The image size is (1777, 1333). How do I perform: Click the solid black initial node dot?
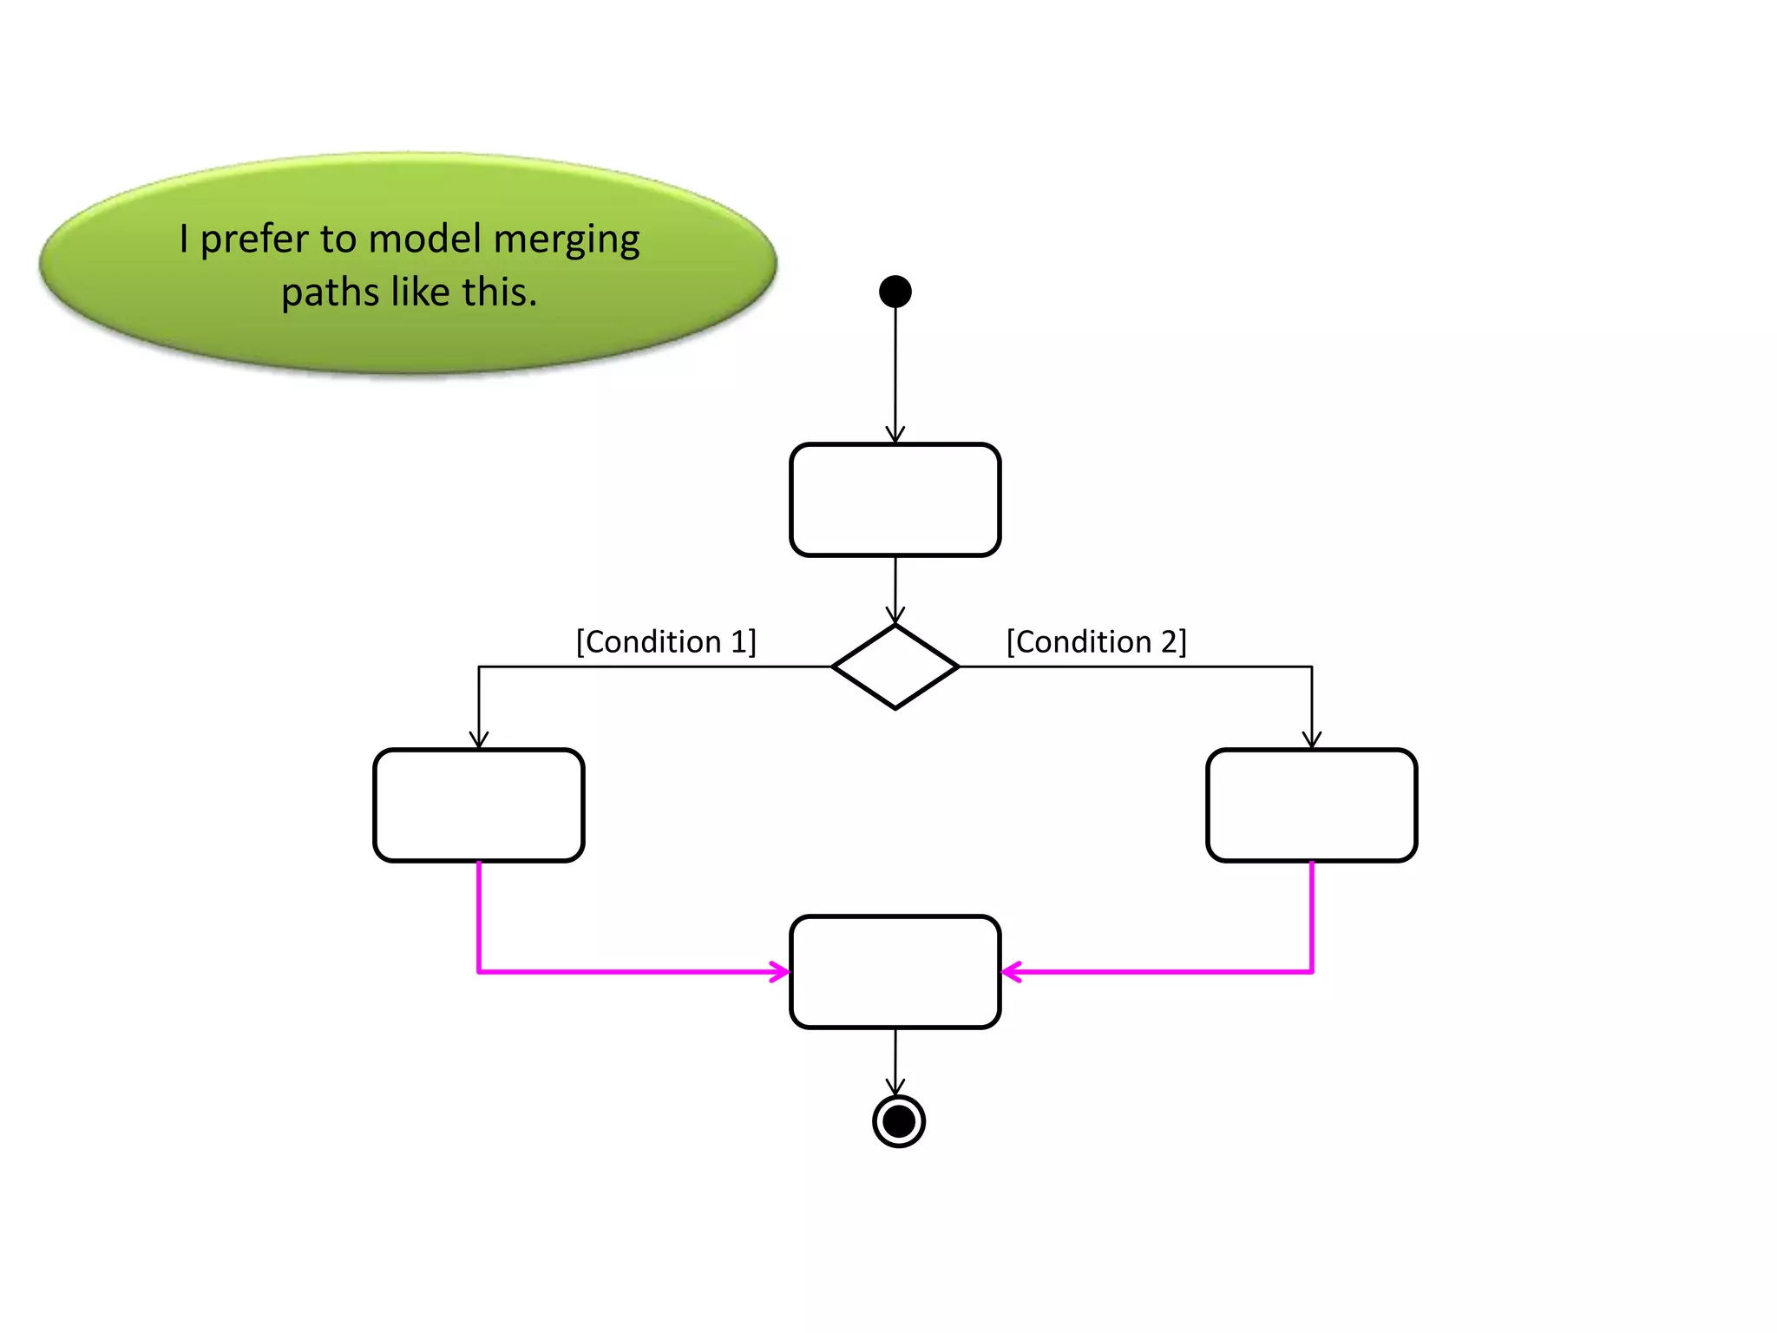pyautogui.click(x=895, y=292)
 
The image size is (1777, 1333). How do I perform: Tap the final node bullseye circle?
pyautogui.click(x=898, y=1121)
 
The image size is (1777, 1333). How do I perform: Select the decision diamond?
pyautogui.click(x=895, y=666)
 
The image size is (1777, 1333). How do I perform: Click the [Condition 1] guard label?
pyautogui.click(x=666, y=642)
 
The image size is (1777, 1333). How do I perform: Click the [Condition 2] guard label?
pyautogui.click(x=1096, y=642)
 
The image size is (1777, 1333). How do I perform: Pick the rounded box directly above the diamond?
pyautogui.click(x=895, y=500)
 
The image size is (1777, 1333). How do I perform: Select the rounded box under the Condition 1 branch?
pyautogui.click(x=478, y=805)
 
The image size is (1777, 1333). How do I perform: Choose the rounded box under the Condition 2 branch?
pyautogui.click(x=1311, y=805)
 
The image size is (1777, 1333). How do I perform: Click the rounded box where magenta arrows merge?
pyautogui.click(x=895, y=972)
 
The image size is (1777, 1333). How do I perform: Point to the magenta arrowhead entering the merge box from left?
pyautogui.click(x=779, y=972)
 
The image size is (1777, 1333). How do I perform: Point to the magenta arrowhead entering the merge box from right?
pyautogui.click(x=1012, y=972)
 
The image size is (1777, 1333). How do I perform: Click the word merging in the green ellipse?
pyautogui.click(x=566, y=240)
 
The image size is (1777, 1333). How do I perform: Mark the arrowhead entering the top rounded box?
pyautogui.click(x=895, y=435)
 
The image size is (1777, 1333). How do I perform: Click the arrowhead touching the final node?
pyautogui.click(x=895, y=1087)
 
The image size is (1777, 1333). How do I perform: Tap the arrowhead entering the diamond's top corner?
pyautogui.click(x=895, y=615)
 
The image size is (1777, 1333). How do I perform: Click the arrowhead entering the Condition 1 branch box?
pyautogui.click(x=478, y=740)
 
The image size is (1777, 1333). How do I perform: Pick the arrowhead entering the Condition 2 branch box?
pyautogui.click(x=1311, y=740)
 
